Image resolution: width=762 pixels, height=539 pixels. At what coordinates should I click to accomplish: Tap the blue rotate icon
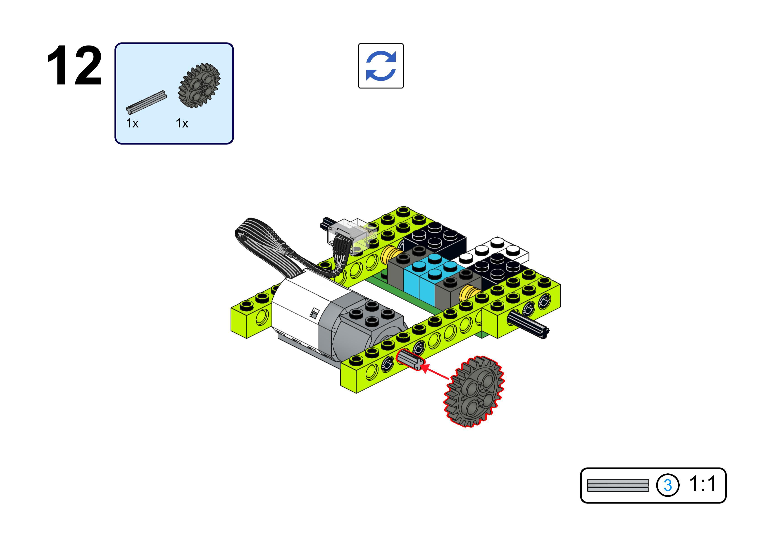pos(381,66)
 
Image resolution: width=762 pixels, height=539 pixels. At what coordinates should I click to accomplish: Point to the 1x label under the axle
pos(132,123)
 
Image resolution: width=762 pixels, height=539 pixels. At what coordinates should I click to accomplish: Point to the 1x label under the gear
pos(182,123)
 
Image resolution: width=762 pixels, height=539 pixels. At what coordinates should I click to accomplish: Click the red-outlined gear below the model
pos(474,391)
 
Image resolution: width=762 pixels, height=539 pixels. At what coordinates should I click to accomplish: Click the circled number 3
pos(667,485)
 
